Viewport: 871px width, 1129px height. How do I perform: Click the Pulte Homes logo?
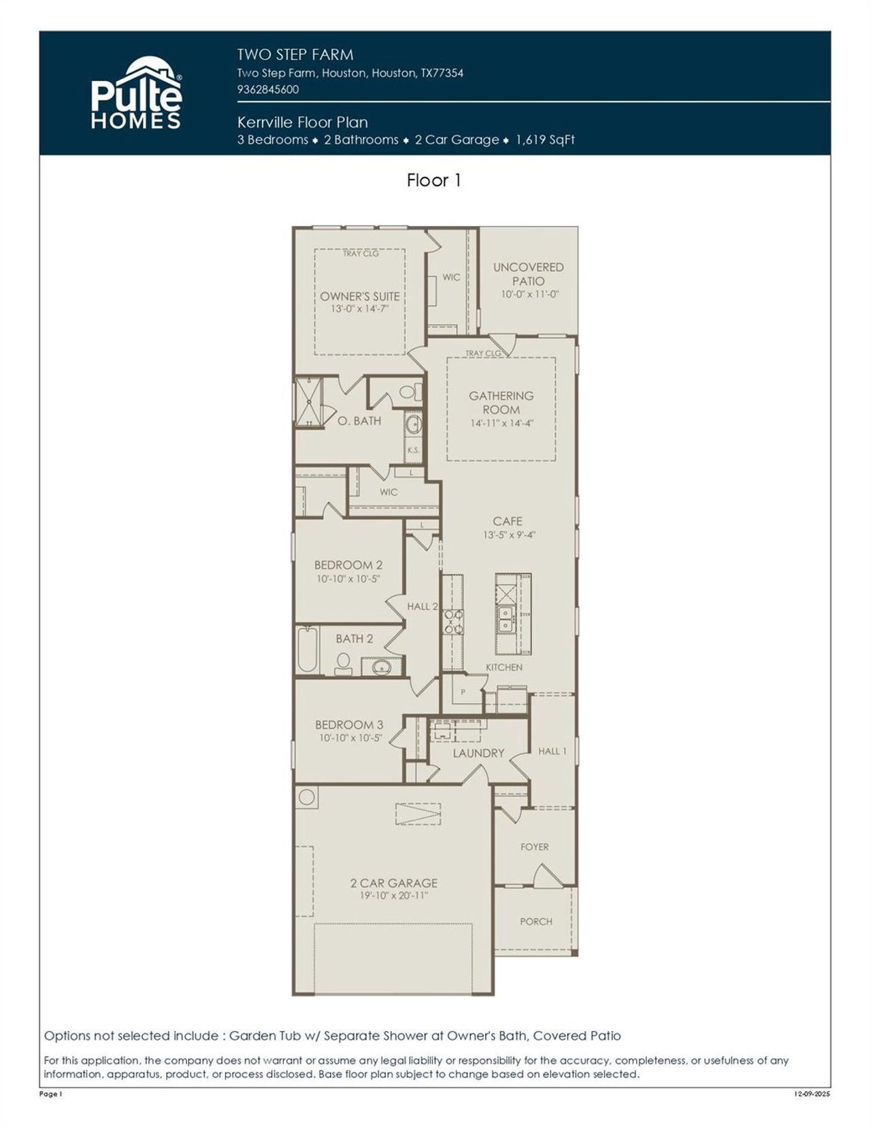coord(136,93)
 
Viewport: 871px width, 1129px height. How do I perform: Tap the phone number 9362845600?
coord(267,89)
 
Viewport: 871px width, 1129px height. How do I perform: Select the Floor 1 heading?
coord(434,180)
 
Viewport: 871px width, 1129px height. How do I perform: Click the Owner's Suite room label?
coord(360,296)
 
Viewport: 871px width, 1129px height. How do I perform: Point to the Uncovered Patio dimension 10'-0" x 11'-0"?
coord(529,294)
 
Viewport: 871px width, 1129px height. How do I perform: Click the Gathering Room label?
coord(502,402)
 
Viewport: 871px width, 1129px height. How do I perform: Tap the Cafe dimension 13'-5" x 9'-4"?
coord(509,535)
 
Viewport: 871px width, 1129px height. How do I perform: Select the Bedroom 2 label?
coord(348,564)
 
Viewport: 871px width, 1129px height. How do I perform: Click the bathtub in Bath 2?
coord(307,651)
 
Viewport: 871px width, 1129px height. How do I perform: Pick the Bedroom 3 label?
coord(348,725)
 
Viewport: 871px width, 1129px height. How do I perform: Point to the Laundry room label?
coord(478,753)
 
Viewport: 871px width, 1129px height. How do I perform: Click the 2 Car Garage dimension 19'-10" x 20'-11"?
coord(393,896)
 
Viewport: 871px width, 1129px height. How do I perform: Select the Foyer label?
coord(534,847)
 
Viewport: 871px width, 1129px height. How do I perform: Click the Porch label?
coord(536,921)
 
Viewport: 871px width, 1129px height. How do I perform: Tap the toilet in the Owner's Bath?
coord(409,392)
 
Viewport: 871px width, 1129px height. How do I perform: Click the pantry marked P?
coord(463,692)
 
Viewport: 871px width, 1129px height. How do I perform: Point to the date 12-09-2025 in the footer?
coord(812,1094)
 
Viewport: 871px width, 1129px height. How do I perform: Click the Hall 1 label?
coord(552,751)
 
